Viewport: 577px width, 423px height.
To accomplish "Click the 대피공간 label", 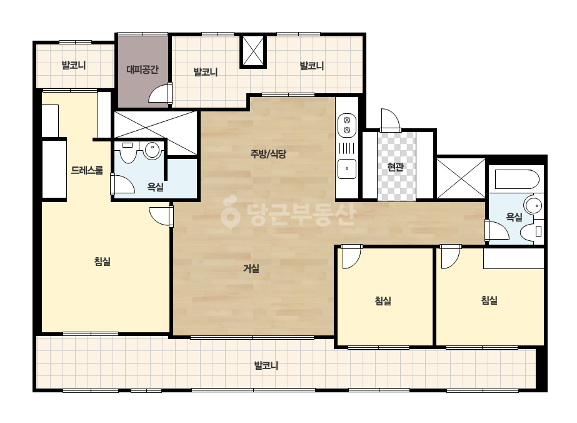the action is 143,69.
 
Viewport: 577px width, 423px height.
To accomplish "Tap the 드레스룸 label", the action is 87,170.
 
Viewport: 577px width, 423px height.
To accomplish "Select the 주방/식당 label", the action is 268,154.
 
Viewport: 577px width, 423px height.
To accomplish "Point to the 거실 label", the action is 251,268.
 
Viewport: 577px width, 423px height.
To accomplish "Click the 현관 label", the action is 396,167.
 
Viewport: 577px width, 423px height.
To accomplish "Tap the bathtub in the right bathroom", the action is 517,180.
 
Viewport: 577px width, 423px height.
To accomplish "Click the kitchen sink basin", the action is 347,169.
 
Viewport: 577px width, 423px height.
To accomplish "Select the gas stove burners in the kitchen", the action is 347,125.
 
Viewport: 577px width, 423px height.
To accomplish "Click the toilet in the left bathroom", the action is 128,152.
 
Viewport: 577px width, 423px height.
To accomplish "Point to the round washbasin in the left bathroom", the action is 153,150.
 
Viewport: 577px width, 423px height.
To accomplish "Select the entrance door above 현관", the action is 391,120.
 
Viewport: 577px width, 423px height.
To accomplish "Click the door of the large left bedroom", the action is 161,216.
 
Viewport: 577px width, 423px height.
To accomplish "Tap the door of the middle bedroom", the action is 351,257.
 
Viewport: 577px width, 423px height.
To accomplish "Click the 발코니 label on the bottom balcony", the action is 266,365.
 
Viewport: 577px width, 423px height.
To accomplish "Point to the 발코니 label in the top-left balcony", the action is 74,66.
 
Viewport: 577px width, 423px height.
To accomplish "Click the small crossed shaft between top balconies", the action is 253,51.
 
